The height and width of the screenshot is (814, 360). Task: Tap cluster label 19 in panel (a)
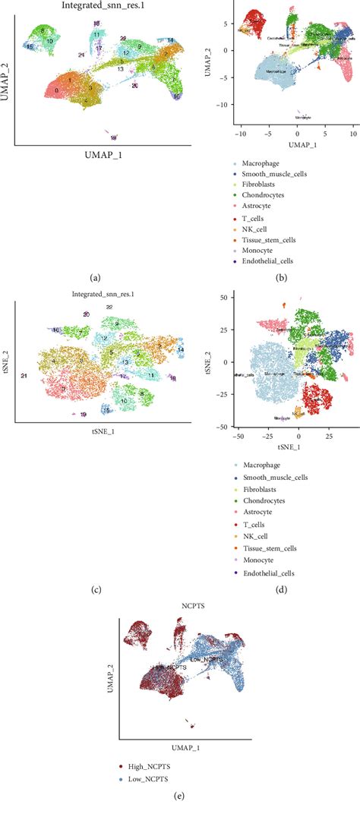[113, 138]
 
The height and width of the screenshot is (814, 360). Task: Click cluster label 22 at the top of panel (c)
[109, 307]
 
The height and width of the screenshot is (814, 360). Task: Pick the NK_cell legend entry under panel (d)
[262, 522]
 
